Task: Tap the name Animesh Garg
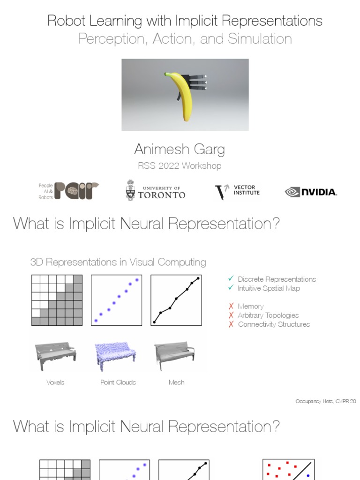(x=180, y=150)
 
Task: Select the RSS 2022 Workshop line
(x=180, y=166)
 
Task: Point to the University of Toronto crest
(x=131, y=191)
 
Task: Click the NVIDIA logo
(x=311, y=192)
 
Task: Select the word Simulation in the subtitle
(x=260, y=39)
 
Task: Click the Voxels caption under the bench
(x=55, y=382)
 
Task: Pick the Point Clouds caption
(x=118, y=382)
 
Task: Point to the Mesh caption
(x=176, y=382)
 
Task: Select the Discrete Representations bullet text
(x=277, y=279)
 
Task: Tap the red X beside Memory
(x=231, y=306)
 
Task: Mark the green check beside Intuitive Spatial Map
(x=231, y=288)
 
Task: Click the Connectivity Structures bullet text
(x=274, y=324)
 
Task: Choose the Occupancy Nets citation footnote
(x=326, y=402)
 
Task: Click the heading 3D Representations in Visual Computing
(x=118, y=262)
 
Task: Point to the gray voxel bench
(x=55, y=356)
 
